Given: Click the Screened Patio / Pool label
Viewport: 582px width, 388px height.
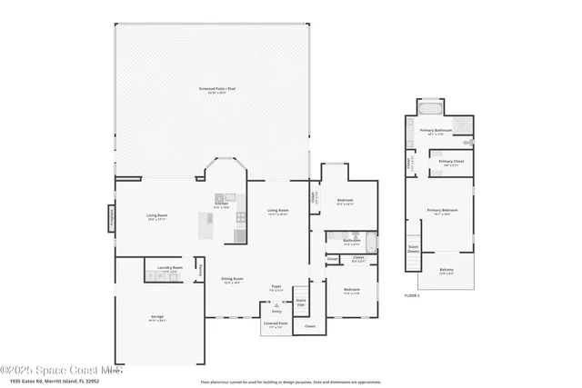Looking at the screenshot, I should (x=217, y=89).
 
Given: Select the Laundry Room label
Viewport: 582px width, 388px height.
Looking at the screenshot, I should (x=170, y=268).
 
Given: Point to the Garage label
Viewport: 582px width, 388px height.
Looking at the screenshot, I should (x=157, y=317).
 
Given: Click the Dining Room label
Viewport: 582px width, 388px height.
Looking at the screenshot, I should (x=233, y=280).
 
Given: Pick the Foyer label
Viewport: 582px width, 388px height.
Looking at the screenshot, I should (x=276, y=287).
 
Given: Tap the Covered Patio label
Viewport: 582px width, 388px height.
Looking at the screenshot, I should (x=276, y=323).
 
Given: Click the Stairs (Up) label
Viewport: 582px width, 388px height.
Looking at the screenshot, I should (x=301, y=301).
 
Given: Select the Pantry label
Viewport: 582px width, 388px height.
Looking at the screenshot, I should (x=202, y=269).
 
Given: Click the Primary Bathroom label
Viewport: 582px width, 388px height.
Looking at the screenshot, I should (x=436, y=132).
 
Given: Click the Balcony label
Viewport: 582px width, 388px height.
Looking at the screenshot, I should (x=447, y=270).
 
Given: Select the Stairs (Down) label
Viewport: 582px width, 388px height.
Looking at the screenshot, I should (x=413, y=247).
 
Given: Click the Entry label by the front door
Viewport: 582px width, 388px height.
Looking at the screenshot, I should (x=276, y=310).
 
